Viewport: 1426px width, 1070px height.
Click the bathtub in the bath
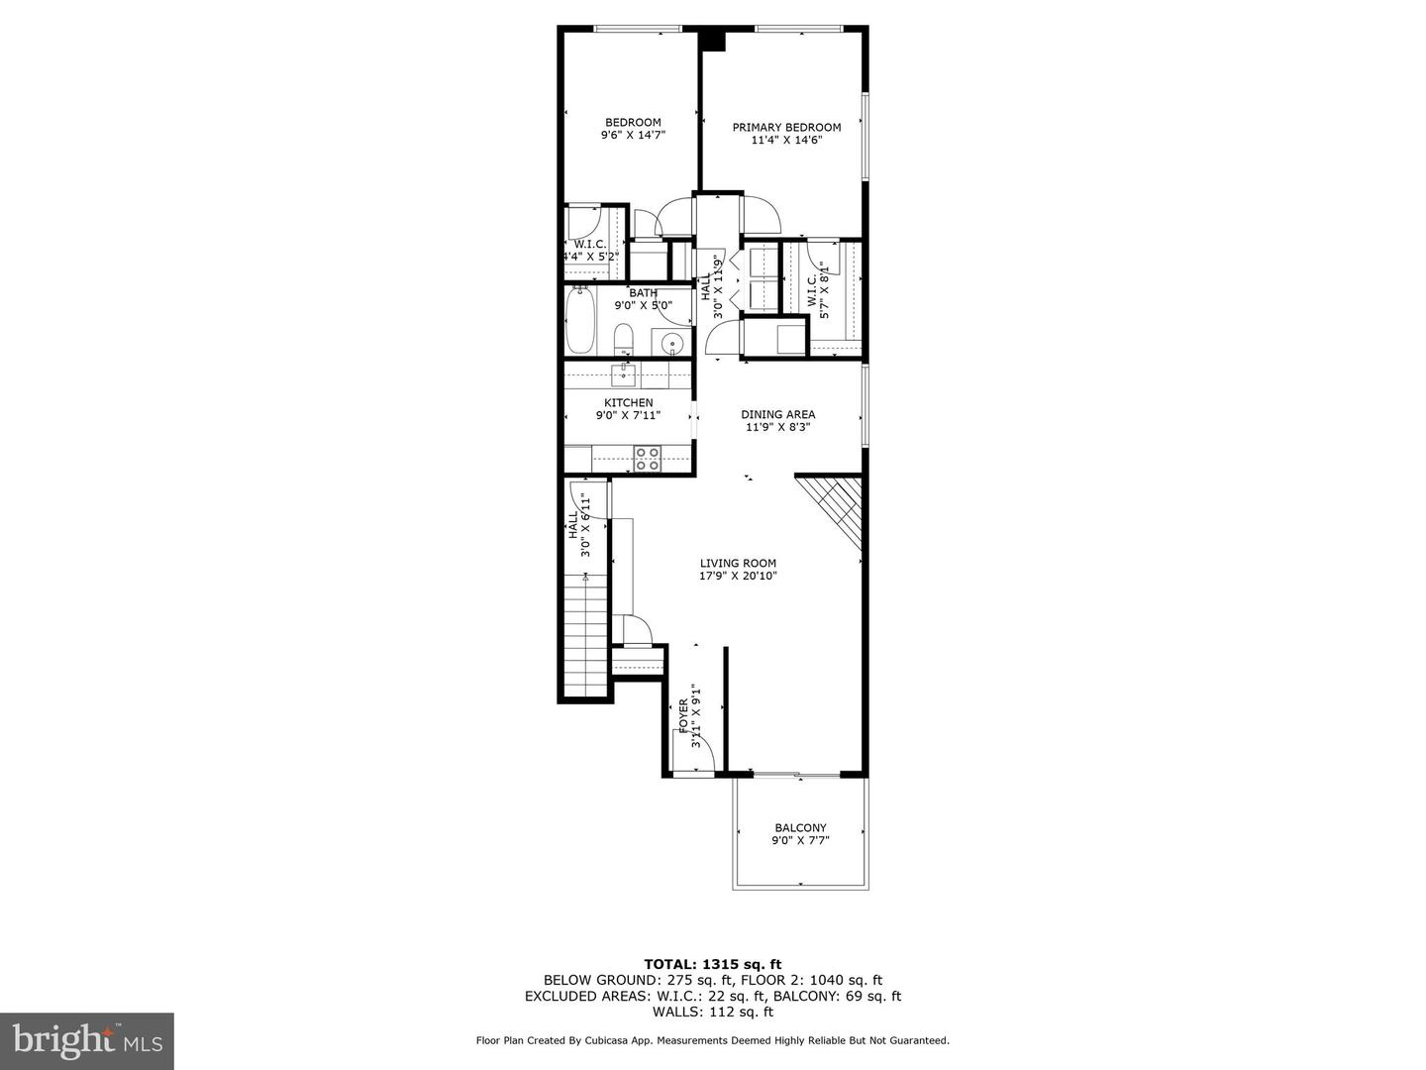pos(581,321)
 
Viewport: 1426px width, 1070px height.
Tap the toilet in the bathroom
pos(624,339)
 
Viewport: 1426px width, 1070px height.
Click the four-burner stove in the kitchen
pos(648,459)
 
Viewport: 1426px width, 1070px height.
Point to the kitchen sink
pos(624,374)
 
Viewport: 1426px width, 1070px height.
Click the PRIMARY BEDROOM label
pos(786,127)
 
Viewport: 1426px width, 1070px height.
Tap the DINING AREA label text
pos(777,414)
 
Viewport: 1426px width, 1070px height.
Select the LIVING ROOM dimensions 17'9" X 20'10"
pos(738,576)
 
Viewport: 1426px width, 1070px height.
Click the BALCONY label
pos(800,828)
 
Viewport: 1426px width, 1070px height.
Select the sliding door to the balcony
pos(795,773)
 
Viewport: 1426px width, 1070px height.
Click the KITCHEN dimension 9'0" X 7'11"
pos(629,416)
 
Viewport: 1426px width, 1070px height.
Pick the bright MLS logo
pos(87,1041)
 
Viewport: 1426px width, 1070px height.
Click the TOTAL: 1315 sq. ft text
pos(713,964)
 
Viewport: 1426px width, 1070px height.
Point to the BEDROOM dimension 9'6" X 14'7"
pos(633,135)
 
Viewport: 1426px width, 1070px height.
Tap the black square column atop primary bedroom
pos(712,40)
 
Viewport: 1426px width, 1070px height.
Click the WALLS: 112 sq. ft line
pos(713,1012)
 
